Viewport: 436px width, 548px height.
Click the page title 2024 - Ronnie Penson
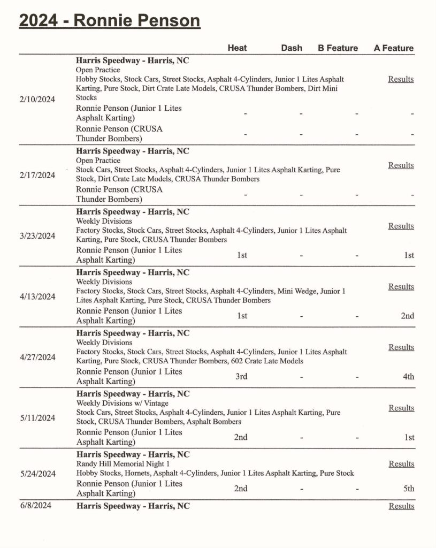pos(110,21)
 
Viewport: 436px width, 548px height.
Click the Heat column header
pos(237,48)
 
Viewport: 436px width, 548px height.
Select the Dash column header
pos(292,48)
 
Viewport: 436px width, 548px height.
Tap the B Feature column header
pos(338,48)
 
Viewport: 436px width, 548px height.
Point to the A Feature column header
pos(394,48)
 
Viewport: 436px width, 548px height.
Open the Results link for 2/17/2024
pos(401,165)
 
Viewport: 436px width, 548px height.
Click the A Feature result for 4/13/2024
pos(408,316)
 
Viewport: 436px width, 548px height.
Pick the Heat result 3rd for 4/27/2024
pos(241,376)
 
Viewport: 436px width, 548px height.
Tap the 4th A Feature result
pos(408,376)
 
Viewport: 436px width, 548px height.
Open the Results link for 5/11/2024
pos(401,408)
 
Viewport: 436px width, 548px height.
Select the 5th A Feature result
pos(408,488)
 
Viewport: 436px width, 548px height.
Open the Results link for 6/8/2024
pos(401,506)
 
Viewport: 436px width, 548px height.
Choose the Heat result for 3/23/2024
pos(242,255)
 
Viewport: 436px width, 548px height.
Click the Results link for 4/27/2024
pos(401,347)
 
